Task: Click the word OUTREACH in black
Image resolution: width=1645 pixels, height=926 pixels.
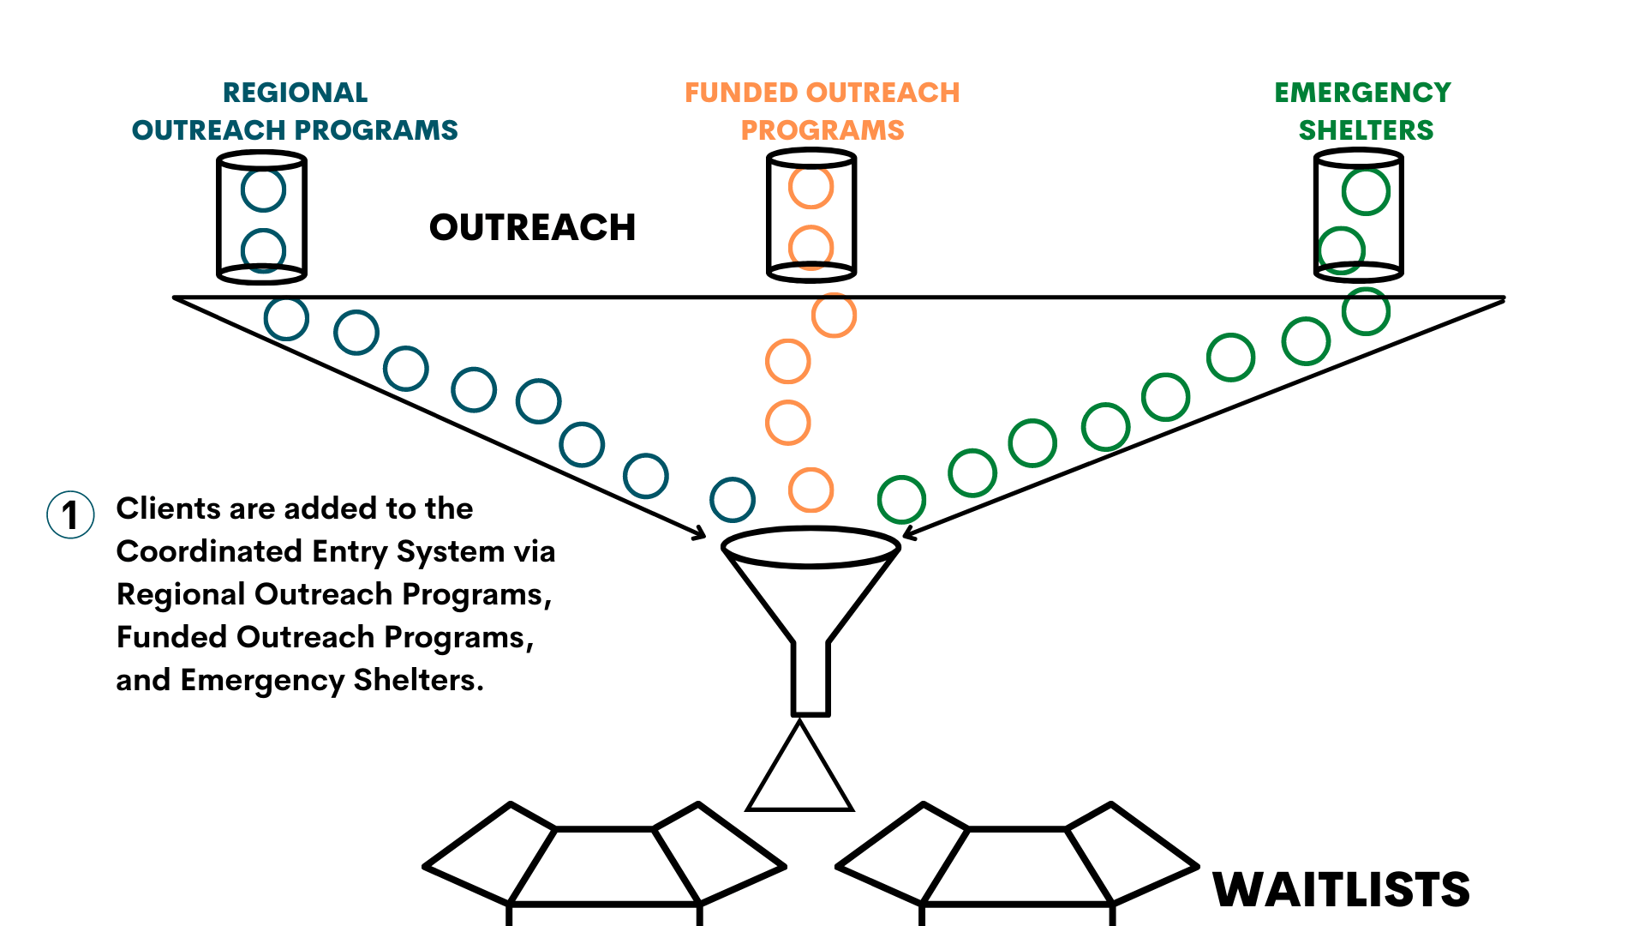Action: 532,228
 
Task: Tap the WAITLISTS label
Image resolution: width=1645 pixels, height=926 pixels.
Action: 1341,890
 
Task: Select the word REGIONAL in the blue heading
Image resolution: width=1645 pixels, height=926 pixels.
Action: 295,93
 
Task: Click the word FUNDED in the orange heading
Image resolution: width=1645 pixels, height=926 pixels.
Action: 742,93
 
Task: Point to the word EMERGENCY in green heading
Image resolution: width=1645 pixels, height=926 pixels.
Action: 1362,93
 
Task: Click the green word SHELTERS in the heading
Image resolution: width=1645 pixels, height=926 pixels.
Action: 1366,130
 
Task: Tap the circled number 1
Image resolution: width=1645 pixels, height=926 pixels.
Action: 70,514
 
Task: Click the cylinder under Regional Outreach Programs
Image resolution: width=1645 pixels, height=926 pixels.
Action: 261,217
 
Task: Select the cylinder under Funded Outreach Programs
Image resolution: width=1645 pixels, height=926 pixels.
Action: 811,215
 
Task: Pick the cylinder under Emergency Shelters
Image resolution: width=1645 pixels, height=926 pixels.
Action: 1358,215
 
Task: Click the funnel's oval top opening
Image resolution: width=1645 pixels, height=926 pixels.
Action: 811,547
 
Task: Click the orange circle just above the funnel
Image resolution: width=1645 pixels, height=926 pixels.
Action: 811,490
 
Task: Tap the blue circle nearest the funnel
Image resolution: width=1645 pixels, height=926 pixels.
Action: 733,500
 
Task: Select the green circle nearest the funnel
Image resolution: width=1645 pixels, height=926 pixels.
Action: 901,500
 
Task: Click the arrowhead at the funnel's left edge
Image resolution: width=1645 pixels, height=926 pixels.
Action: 699,533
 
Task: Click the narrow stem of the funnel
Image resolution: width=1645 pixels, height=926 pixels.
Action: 811,677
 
